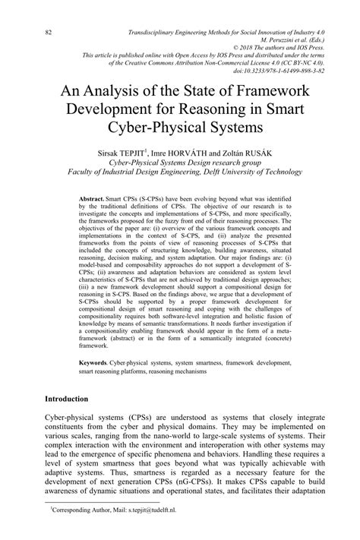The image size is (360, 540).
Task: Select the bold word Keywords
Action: [96, 363]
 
